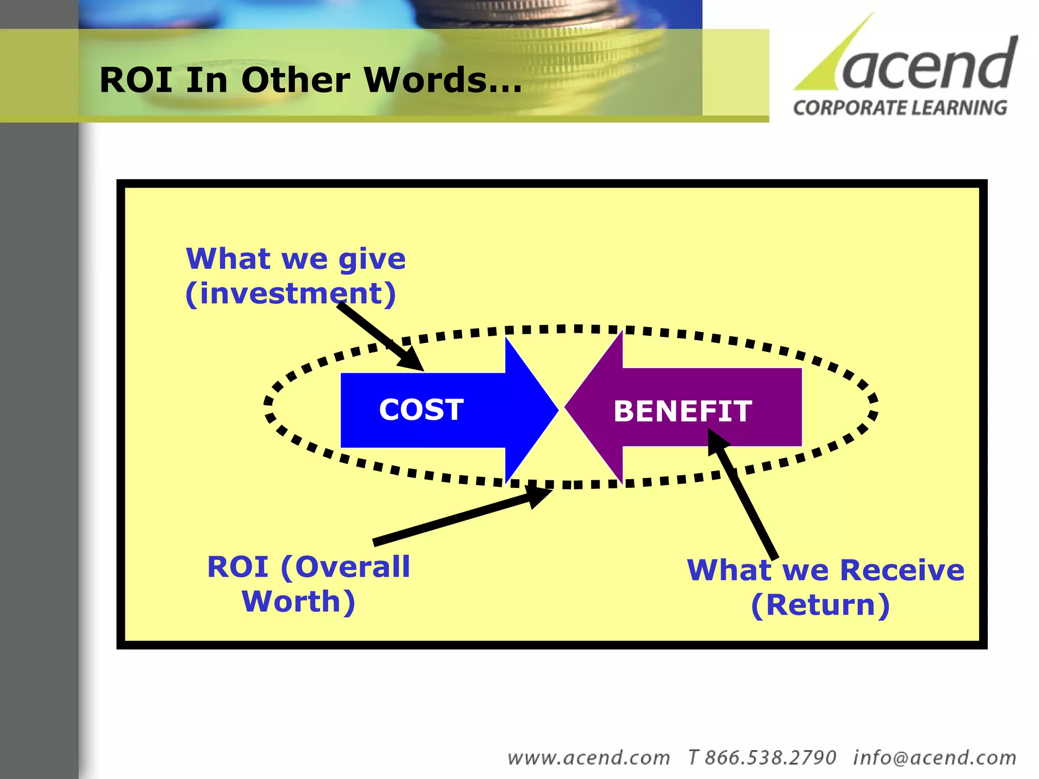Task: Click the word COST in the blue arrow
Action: click(421, 410)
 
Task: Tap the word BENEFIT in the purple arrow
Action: click(682, 411)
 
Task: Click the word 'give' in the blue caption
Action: click(372, 260)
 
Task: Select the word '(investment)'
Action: click(290, 294)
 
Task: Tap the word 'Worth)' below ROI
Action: click(298, 602)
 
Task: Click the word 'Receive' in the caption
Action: click(902, 570)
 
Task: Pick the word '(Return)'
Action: click(820, 605)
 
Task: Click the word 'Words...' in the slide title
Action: click(442, 80)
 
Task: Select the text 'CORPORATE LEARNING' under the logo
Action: click(900, 108)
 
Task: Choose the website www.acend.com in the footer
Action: click(588, 758)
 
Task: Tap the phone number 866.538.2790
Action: click(770, 758)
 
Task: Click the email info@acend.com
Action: click(934, 758)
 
